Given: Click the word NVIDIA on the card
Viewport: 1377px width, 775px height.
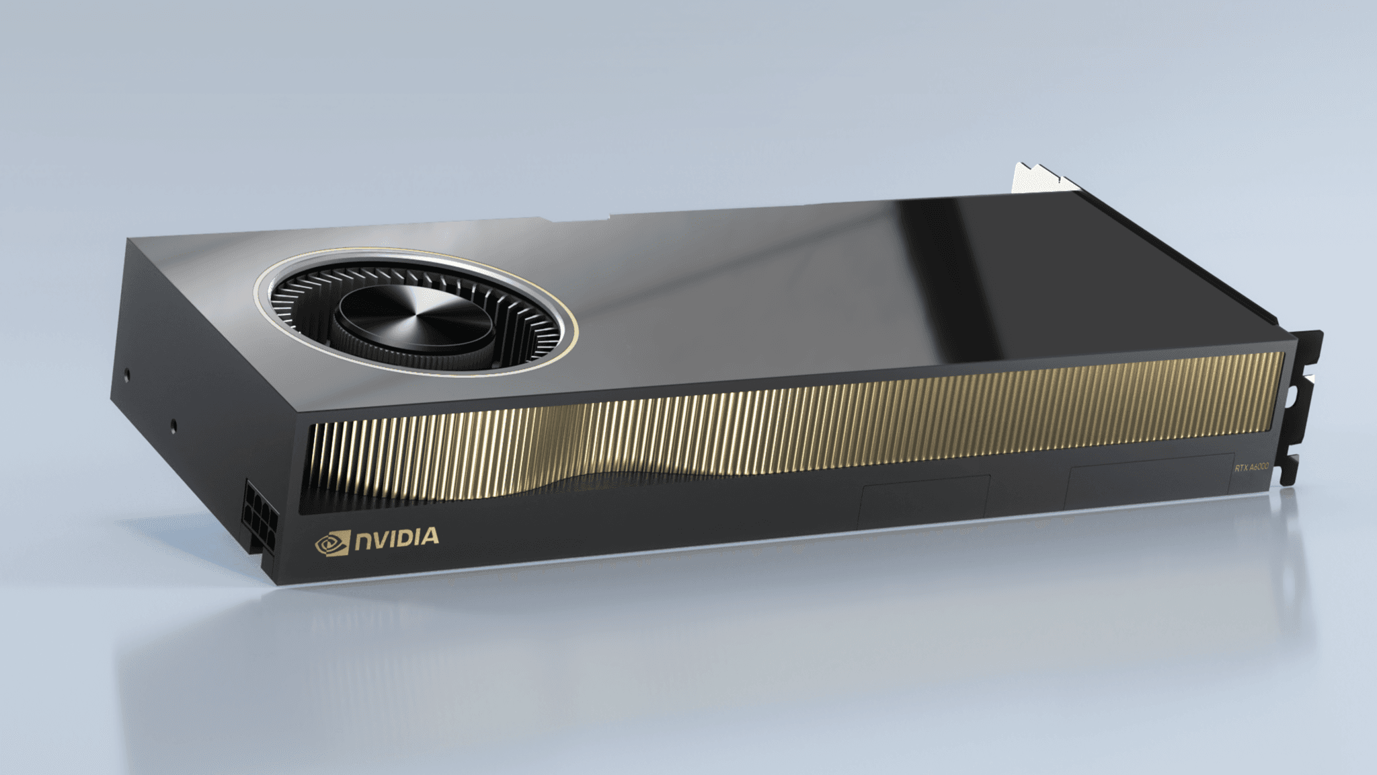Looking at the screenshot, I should (x=397, y=538).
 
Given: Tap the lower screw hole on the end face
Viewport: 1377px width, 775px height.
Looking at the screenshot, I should (x=174, y=425).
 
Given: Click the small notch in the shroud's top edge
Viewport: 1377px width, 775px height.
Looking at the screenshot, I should (x=608, y=217).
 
